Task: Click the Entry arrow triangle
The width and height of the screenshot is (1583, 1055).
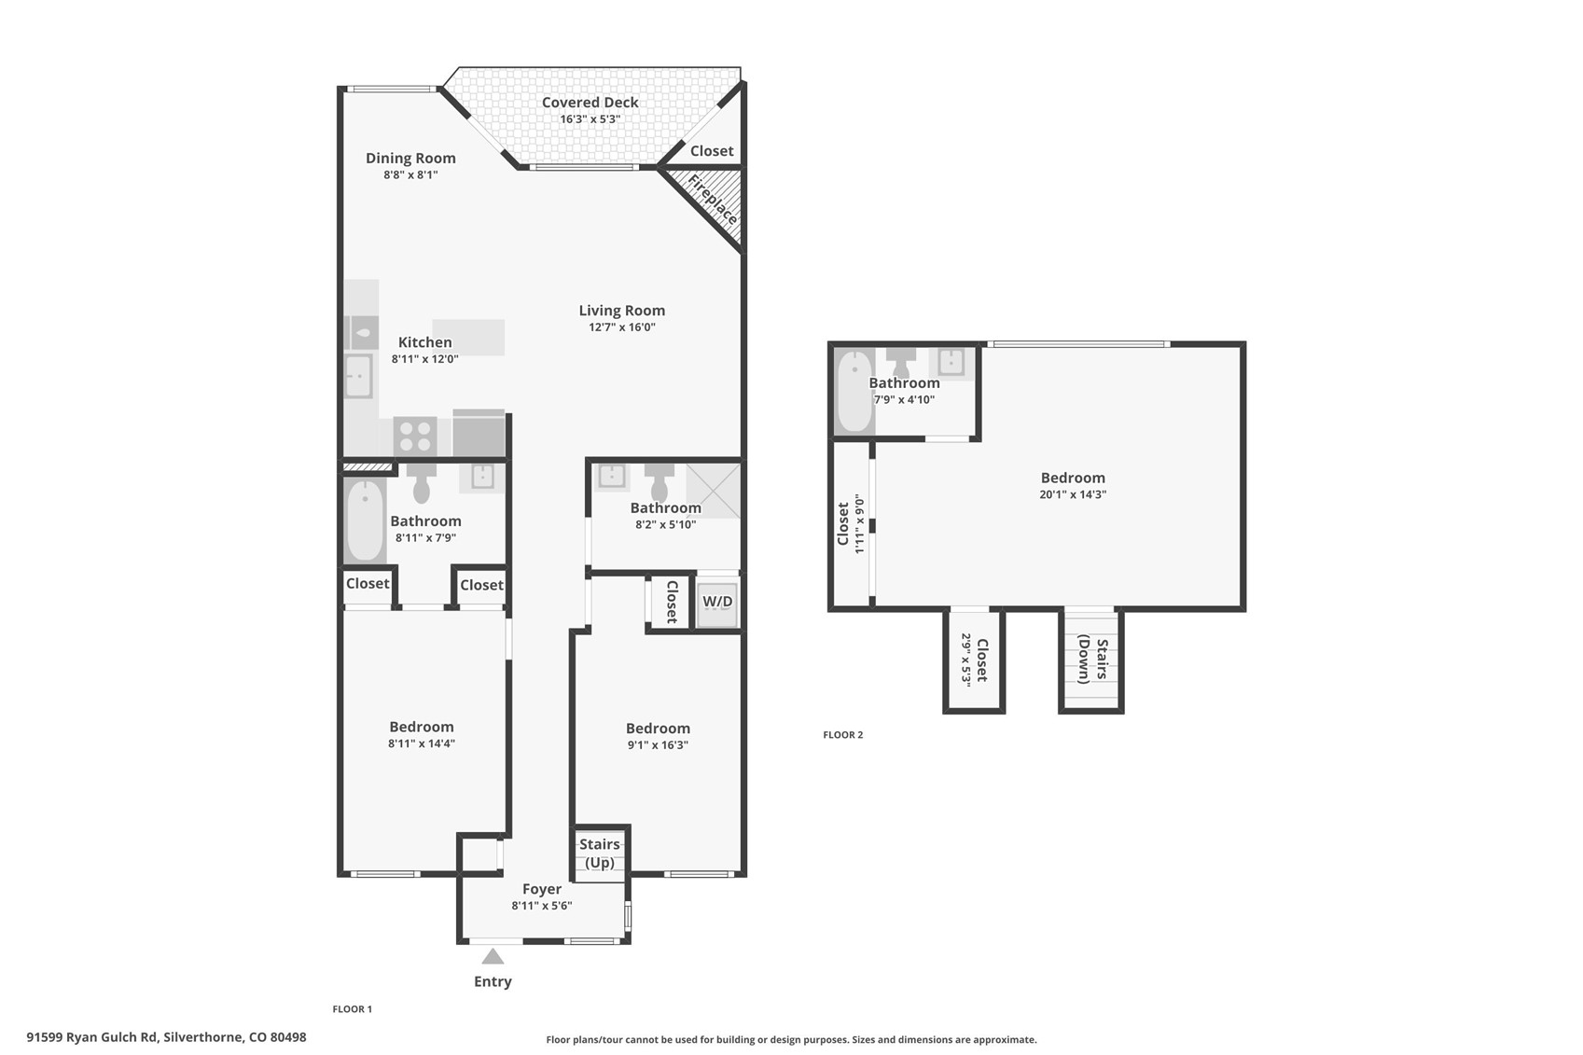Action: tap(493, 956)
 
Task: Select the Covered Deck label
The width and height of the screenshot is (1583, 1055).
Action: tap(590, 103)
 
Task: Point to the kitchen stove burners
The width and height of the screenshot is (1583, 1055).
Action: tap(415, 436)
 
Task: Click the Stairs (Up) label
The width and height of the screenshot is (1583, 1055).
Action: tap(599, 854)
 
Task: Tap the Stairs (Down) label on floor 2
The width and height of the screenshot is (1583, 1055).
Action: tap(1091, 659)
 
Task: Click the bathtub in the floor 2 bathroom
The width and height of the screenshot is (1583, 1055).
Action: tap(853, 392)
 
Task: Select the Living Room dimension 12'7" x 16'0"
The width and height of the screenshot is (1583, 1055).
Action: tap(621, 327)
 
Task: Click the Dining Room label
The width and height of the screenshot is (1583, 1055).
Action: tap(410, 159)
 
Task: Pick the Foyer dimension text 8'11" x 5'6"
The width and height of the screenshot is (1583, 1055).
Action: tap(541, 906)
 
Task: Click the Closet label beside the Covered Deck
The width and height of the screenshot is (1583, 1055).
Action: tap(711, 151)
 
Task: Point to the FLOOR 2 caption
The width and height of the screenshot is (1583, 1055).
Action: tap(842, 735)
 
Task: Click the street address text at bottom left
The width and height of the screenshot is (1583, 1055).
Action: tap(166, 1037)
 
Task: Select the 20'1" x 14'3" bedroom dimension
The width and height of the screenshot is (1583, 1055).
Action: tap(1072, 494)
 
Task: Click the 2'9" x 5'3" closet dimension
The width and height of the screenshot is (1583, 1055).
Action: tap(966, 659)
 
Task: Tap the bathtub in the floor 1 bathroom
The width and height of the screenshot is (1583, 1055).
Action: tap(365, 521)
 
